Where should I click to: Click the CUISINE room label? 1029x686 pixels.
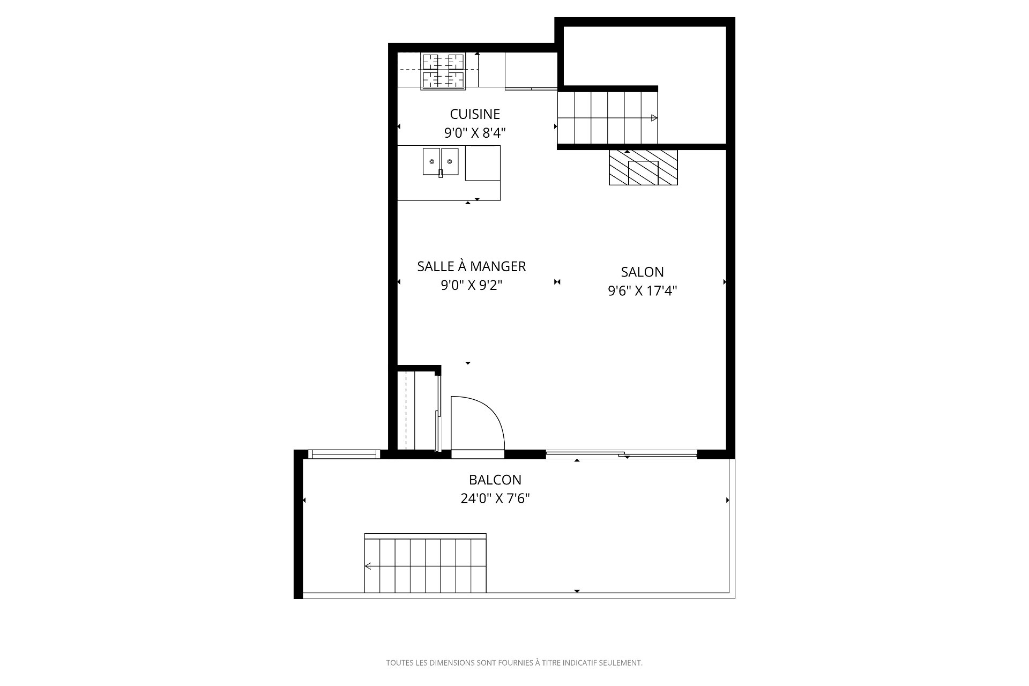point(475,114)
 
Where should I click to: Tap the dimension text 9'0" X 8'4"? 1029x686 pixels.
point(475,133)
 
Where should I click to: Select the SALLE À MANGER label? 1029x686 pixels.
point(472,266)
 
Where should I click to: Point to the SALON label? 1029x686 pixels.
point(642,272)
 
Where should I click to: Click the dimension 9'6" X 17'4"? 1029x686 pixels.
point(642,291)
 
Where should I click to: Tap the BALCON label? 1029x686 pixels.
point(495,480)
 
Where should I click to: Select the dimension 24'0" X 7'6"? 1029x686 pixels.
point(495,499)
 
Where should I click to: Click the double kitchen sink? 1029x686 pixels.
point(441,161)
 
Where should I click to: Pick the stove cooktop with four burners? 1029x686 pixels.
point(443,70)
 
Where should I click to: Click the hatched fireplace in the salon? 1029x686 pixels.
point(643,168)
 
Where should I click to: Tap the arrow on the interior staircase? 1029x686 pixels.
point(654,118)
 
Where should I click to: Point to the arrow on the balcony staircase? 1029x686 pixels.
point(369,566)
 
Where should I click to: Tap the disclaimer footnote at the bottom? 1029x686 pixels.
point(514,663)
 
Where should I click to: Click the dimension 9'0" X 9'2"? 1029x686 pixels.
point(472,286)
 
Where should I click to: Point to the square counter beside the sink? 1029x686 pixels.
point(482,163)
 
